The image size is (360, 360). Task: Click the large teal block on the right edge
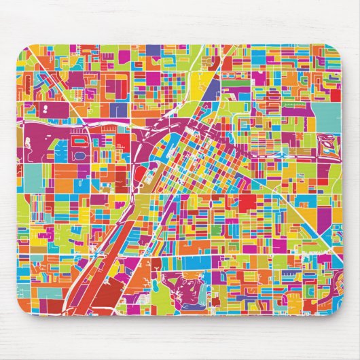coord(329,115)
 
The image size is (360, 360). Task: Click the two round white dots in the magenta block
coord(45,109)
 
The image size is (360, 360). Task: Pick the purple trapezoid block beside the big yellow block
coord(213,88)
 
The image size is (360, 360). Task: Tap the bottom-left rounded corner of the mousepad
coord(23,309)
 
